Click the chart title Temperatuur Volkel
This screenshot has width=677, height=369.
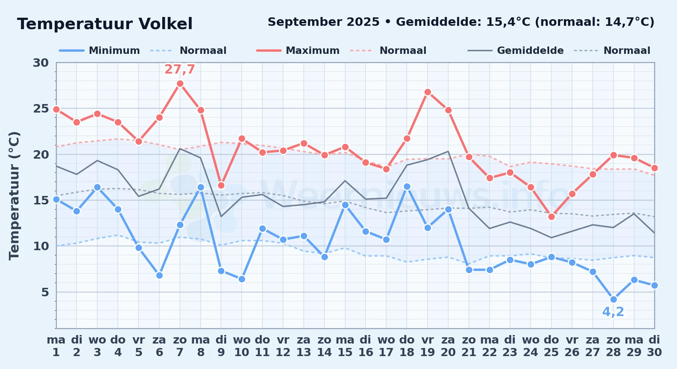(105, 24)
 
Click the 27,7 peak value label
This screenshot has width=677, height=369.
(180, 69)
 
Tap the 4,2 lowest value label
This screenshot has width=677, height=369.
(613, 312)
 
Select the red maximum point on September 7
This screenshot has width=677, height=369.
(180, 84)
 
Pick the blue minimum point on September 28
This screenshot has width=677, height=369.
(613, 299)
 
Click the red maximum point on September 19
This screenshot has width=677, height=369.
(428, 92)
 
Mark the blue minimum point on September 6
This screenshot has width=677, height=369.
(159, 275)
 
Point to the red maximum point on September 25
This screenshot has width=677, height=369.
(551, 217)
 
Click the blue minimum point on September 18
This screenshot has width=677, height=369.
(407, 187)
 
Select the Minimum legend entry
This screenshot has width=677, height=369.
(99, 51)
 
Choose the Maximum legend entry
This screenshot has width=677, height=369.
(298, 51)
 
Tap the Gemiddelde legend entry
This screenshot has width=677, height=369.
(516, 51)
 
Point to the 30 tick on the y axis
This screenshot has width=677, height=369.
(41, 63)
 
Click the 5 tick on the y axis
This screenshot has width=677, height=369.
(45, 292)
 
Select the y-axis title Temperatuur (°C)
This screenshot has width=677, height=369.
(14, 196)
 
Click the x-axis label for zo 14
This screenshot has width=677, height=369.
(324, 346)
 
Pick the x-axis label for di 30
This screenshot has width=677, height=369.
(654, 346)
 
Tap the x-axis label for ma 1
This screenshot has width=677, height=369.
(56, 346)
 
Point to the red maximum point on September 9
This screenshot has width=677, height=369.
(221, 185)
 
